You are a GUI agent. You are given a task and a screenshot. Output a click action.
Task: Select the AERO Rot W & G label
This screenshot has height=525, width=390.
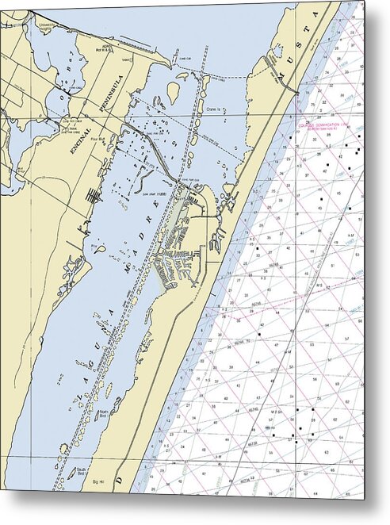pyautogui.click(x=120, y=48)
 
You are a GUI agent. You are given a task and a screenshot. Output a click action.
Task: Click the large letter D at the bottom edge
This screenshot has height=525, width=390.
pyautogui.click(x=120, y=481)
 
